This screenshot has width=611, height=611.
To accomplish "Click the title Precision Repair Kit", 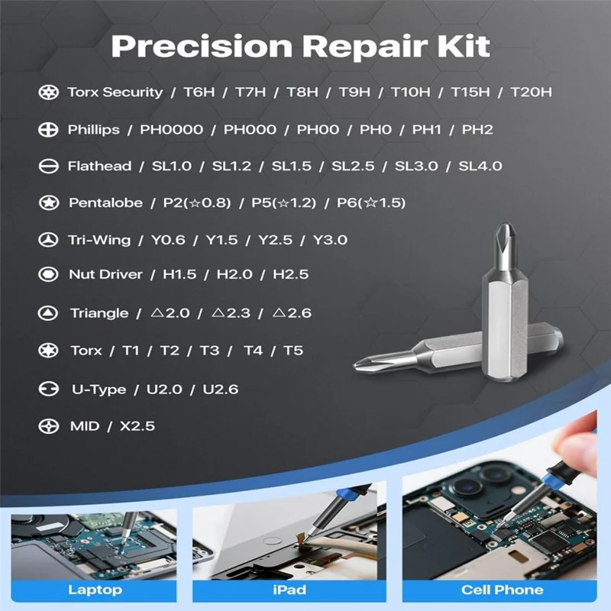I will (300, 46).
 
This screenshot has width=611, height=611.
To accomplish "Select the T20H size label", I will (531, 92).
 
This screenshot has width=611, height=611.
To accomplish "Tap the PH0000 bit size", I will (172, 129).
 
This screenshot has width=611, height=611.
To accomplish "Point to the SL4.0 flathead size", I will (480, 166).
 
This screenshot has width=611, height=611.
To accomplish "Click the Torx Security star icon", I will (47, 92).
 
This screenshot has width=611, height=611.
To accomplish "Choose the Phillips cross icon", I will (47, 129).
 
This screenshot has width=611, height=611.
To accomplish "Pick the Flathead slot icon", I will (47, 166).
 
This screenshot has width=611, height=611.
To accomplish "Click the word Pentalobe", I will (105, 202).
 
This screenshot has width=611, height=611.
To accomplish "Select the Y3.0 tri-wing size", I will (330, 240).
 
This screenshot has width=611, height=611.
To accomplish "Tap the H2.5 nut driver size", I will (291, 274).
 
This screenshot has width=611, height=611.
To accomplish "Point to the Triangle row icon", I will (47, 313).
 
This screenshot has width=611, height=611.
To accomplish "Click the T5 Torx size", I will (293, 351).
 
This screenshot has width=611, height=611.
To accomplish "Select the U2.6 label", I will (221, 389).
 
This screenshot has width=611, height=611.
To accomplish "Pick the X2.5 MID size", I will (137, 425).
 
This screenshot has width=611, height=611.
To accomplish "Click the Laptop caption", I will (95, 590).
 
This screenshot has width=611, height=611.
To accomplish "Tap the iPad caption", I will (289, 590).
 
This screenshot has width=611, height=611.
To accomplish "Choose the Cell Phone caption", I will (502, 590).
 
